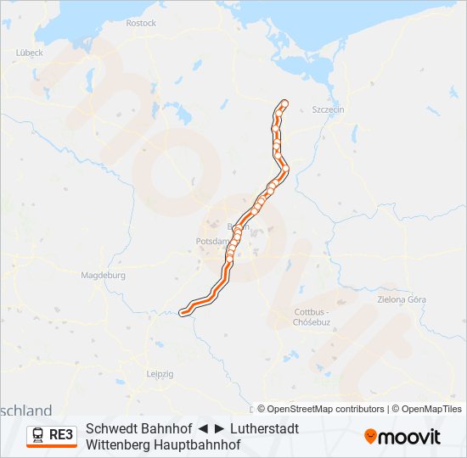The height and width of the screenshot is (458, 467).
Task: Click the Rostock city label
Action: click(141, 23)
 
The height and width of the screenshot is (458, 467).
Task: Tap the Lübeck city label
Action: click(29, 52)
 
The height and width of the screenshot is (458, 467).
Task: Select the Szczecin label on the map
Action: click(327, 109)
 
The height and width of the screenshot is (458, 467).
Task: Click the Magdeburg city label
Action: click(103, 275)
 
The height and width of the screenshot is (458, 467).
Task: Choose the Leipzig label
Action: click(160, 373)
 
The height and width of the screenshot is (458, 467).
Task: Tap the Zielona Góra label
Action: click(402, 299)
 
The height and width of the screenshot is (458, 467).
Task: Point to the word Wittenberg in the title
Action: click(119, 444)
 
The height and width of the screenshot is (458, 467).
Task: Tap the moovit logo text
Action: click(409, 437)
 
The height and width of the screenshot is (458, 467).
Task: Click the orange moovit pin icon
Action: click(370, 436)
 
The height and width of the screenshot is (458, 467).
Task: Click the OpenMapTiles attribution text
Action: click(431, 409)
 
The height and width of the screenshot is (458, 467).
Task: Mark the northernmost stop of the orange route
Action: click(284, 103)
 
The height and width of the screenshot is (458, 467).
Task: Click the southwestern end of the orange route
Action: click(182, 313)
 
